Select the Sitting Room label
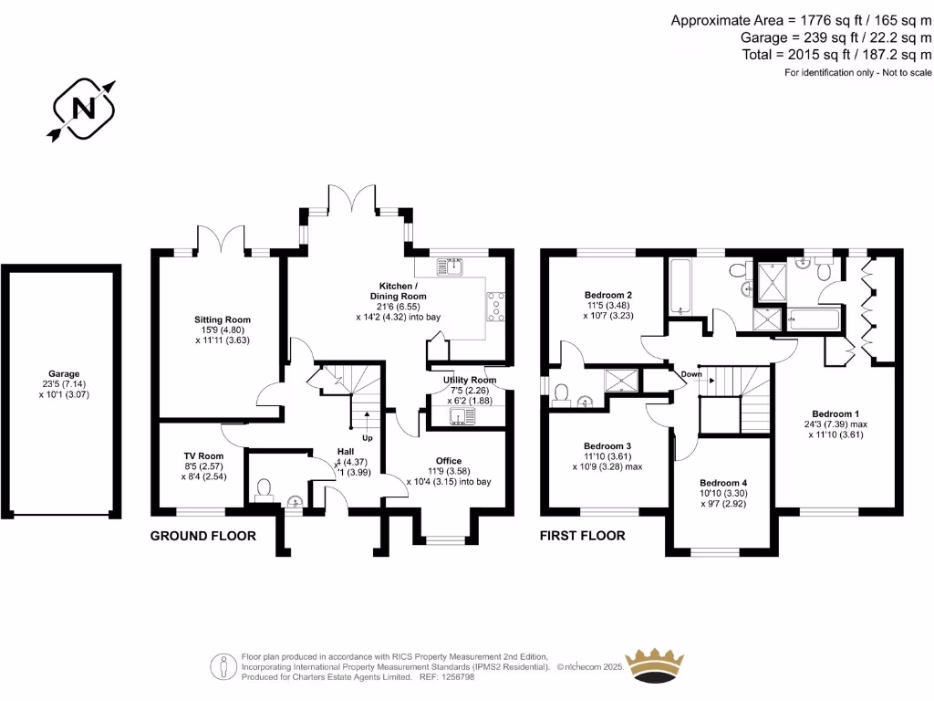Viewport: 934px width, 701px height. [x=222, y=319]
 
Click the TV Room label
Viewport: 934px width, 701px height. [x=203, y=455]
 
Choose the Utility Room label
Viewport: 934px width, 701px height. [x=470, y=380]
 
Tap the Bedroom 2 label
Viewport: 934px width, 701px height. [x=608, y=295]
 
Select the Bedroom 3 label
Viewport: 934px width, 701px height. [x=607, y=445]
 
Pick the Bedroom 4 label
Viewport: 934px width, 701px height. [x=723, y=483]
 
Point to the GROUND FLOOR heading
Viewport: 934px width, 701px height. [x=202, y=536]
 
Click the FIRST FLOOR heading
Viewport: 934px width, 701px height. [x=583, y=536]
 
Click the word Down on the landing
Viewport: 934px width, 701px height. [x=690, y=374]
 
